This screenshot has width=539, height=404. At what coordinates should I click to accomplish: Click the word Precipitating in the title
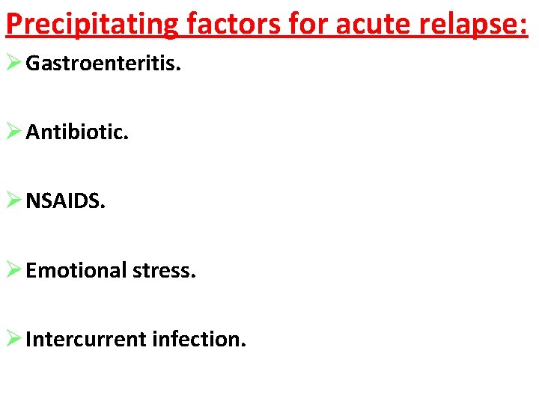[92, 24]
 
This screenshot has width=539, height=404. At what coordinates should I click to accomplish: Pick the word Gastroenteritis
[103, 63]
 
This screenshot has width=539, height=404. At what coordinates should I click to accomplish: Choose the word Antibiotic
[77, 132]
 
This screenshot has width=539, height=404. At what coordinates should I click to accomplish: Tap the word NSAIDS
[66, 201]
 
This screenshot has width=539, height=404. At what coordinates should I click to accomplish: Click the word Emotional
[76, 270]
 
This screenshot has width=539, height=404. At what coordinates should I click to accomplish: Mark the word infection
[198, 339]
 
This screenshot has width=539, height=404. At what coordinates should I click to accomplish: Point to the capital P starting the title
[13, 24]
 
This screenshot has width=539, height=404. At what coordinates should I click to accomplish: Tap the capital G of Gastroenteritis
[32, 63]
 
